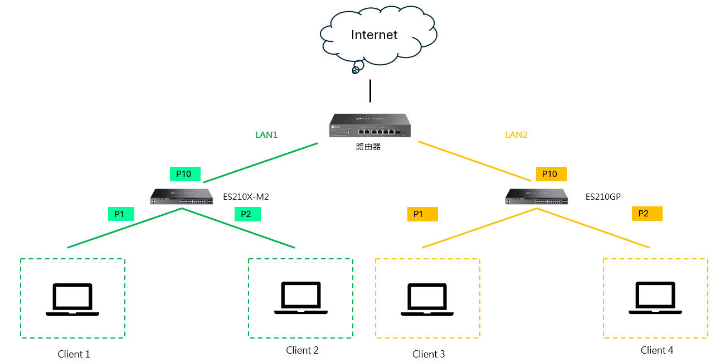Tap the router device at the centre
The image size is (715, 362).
pyautogui.click(x=370, y=126)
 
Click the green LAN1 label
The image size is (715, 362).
pyautogui.click(x=266, y=134)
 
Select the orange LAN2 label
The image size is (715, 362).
pyautogui.click(x=516, y=134)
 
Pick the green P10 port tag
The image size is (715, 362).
pyautogui.click(x=184, y=174)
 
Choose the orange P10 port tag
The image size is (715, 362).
pyautogui.click(x=551, y=174)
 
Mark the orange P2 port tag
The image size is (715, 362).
pyautogui.click(x=646, y=214)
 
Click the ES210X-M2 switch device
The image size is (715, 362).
pyautogui.click(x=182, y=197)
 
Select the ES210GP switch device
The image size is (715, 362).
pyautogui.click(x=537, y=197)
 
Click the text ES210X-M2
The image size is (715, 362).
pyautogui.click(x=246, y=196)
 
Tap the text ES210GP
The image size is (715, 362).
pyautogui.click(x=603, y=196)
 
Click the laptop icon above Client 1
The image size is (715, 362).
pyautogui.click(x=72, y=300)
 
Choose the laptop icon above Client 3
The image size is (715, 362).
pyautogui.click(x=427, y=300)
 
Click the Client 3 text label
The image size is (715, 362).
pyautogui.click(x=429, y=354)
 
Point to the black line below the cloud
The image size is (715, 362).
pyautogui.click(x=370, y=91)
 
